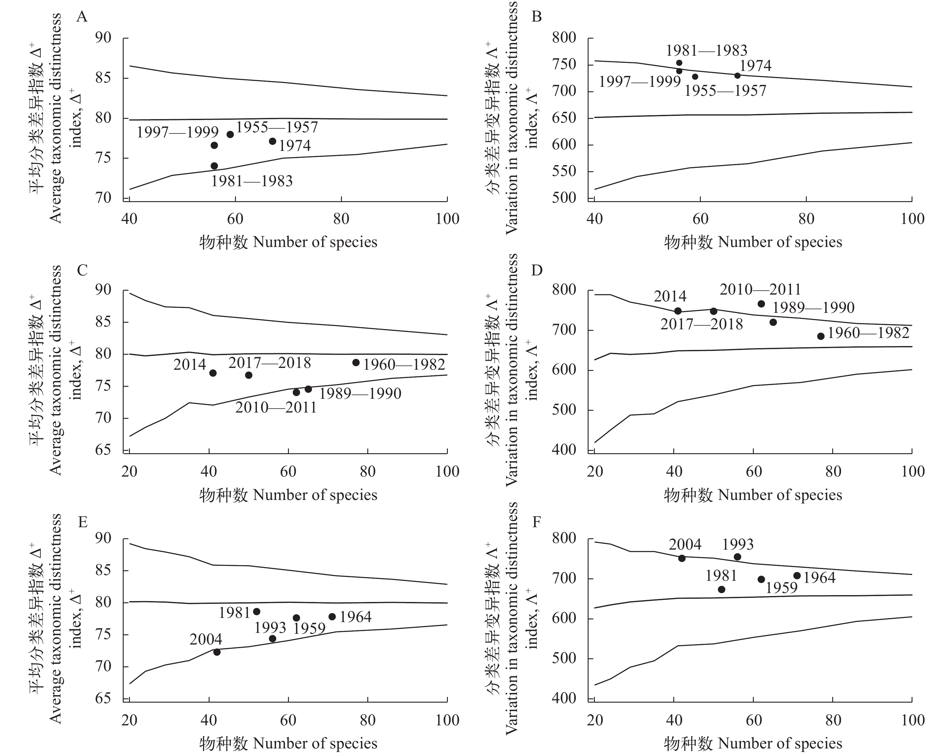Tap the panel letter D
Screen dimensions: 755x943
[536, 270]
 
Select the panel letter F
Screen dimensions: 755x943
[536, 522]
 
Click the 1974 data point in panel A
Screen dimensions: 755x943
[272, 141]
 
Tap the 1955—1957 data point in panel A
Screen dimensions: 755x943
[230, 134]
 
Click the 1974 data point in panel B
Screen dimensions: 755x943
[737, 76]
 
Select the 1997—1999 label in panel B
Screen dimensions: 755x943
[639, 82]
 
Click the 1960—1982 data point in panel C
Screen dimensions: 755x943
[356, 363]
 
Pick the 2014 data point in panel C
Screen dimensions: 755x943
[213, 373]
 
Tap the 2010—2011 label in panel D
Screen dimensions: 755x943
[760, 289]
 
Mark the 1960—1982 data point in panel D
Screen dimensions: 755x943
[821, 336]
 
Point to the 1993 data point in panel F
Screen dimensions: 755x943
[737, 557]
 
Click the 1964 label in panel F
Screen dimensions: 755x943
[819, 578]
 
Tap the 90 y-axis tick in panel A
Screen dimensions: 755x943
[103, 38]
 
